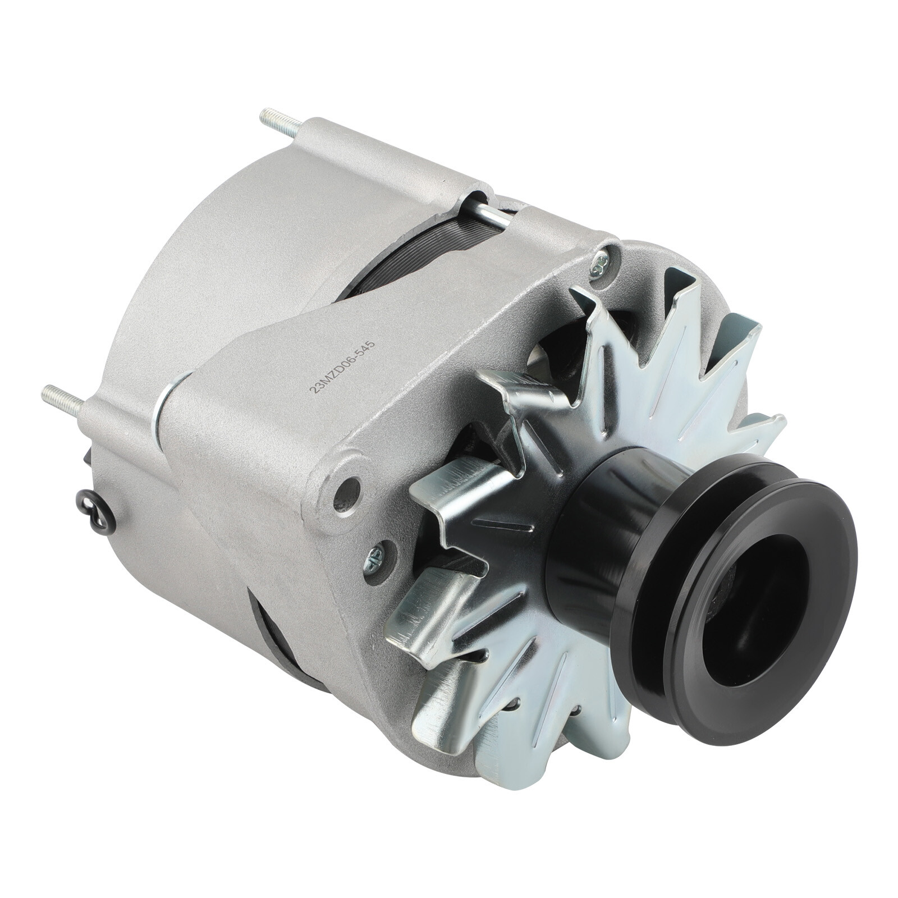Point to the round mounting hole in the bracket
349,487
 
